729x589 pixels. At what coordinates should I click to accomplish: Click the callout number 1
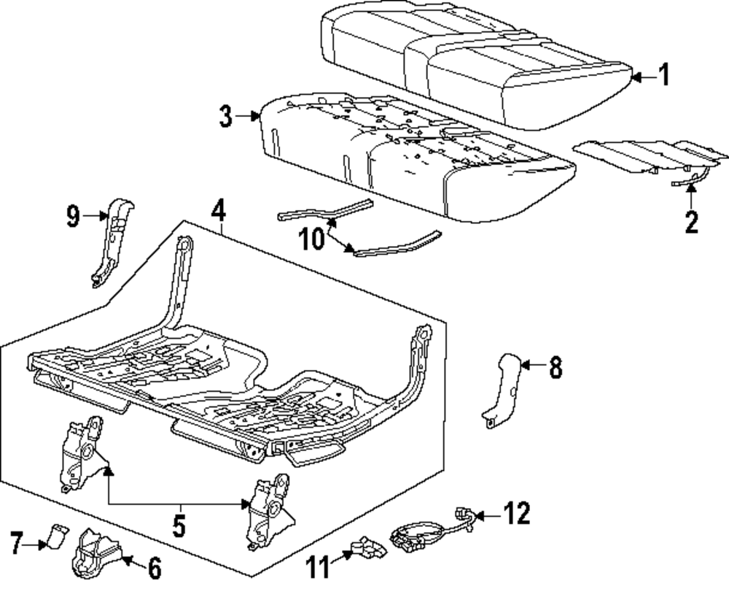tap(665, 74)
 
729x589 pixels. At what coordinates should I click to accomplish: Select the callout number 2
tap(691, 222)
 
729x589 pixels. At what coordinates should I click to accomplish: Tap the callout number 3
tap(225, 116)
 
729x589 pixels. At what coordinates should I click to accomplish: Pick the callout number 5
tap(179, 526)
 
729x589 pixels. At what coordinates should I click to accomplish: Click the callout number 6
tap(155, 568)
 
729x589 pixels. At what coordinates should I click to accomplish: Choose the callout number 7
tap(17, 543)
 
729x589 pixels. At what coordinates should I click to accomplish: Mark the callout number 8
tap(555, 367)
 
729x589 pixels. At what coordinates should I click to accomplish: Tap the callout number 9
tap(73, 216)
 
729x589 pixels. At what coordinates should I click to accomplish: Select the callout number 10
tap(311, 239)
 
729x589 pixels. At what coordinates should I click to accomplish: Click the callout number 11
tap(318, 567)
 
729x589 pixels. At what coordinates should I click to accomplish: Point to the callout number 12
tap(517, 513)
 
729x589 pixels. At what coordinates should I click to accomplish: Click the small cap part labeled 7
tap(56, 536)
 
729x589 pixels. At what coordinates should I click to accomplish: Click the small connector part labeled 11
tap(369, 547)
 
